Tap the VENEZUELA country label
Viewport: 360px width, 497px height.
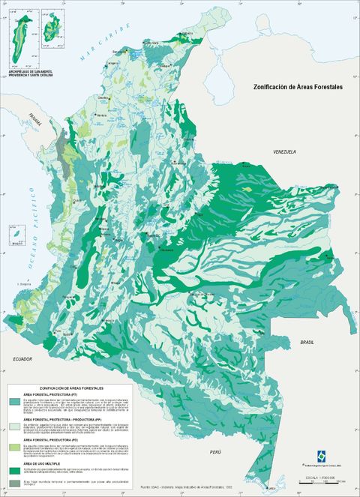[x=284, y=151]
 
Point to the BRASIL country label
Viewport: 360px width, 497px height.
[x=307, y=341]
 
